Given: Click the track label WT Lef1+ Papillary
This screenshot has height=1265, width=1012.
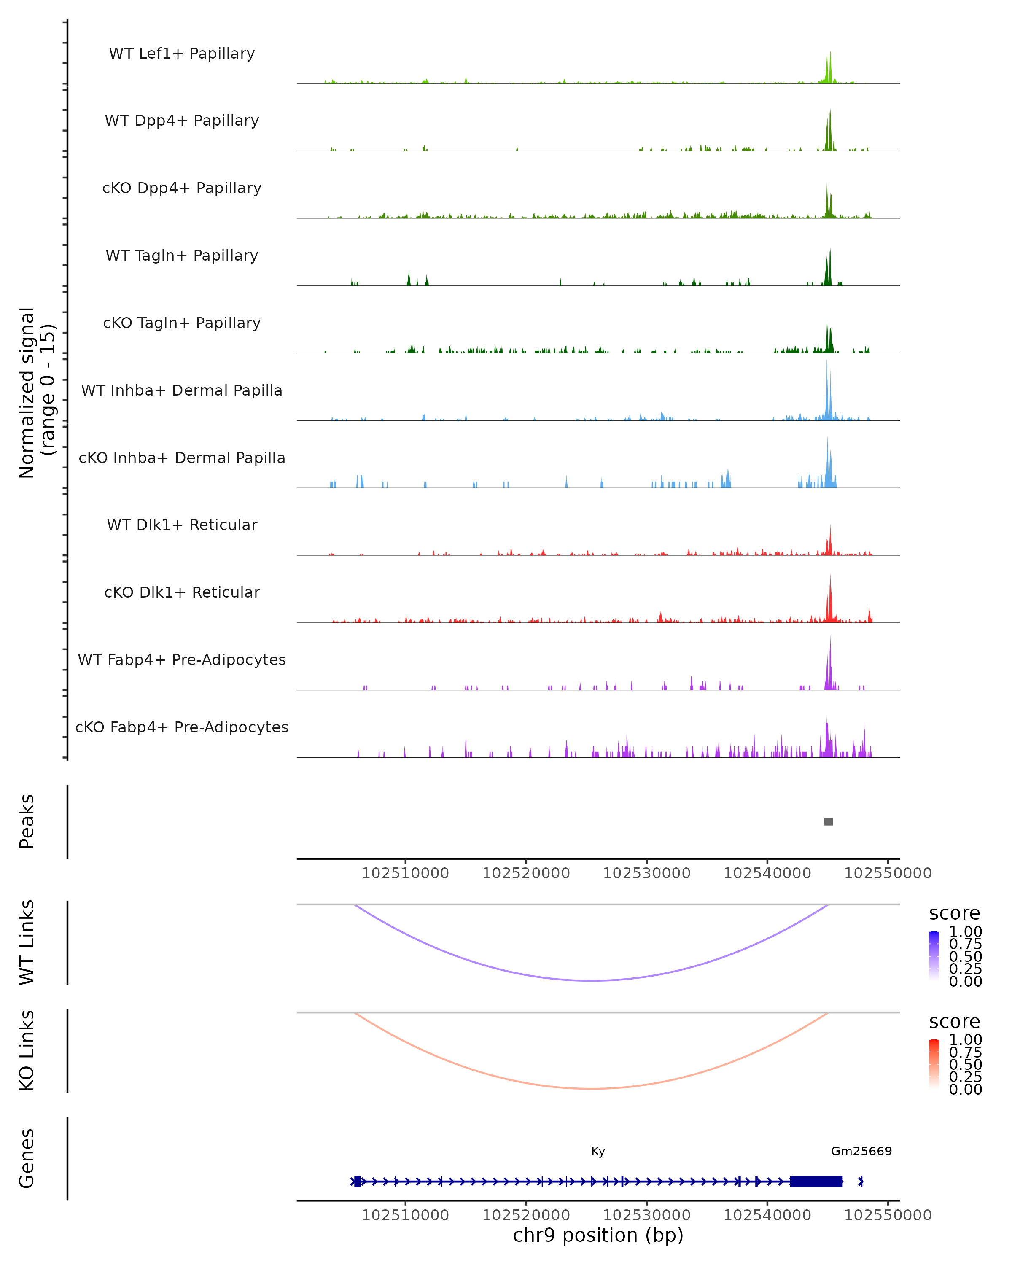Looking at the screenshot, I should pyautogui.click(x=182, y=54).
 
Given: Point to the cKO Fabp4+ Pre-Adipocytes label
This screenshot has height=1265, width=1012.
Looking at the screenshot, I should pyautogui.click(x=182, y=727).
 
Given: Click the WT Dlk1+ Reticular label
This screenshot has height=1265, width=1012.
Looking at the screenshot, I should pyautogui.click(x=182, y=525).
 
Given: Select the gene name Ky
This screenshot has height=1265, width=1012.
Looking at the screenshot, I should pyautogui.click(x=598, y=1151).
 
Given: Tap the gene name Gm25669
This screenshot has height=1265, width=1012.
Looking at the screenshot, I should pyautogui.click(x=861, y=1151).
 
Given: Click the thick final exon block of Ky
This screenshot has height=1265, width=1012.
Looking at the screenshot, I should pyautogui.click(x=816, y=1182).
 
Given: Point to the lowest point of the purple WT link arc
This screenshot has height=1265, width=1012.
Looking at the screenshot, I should pyautogui.click(x=592, y=980).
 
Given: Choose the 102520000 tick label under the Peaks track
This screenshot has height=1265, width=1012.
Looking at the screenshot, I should pyautogui.click(x=526, y=873).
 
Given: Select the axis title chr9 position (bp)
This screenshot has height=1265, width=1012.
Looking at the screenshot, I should pyautogui.click(x=598, y=1235).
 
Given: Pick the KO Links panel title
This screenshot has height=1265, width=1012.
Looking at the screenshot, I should pyautogui.click(x=27, y=1050).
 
